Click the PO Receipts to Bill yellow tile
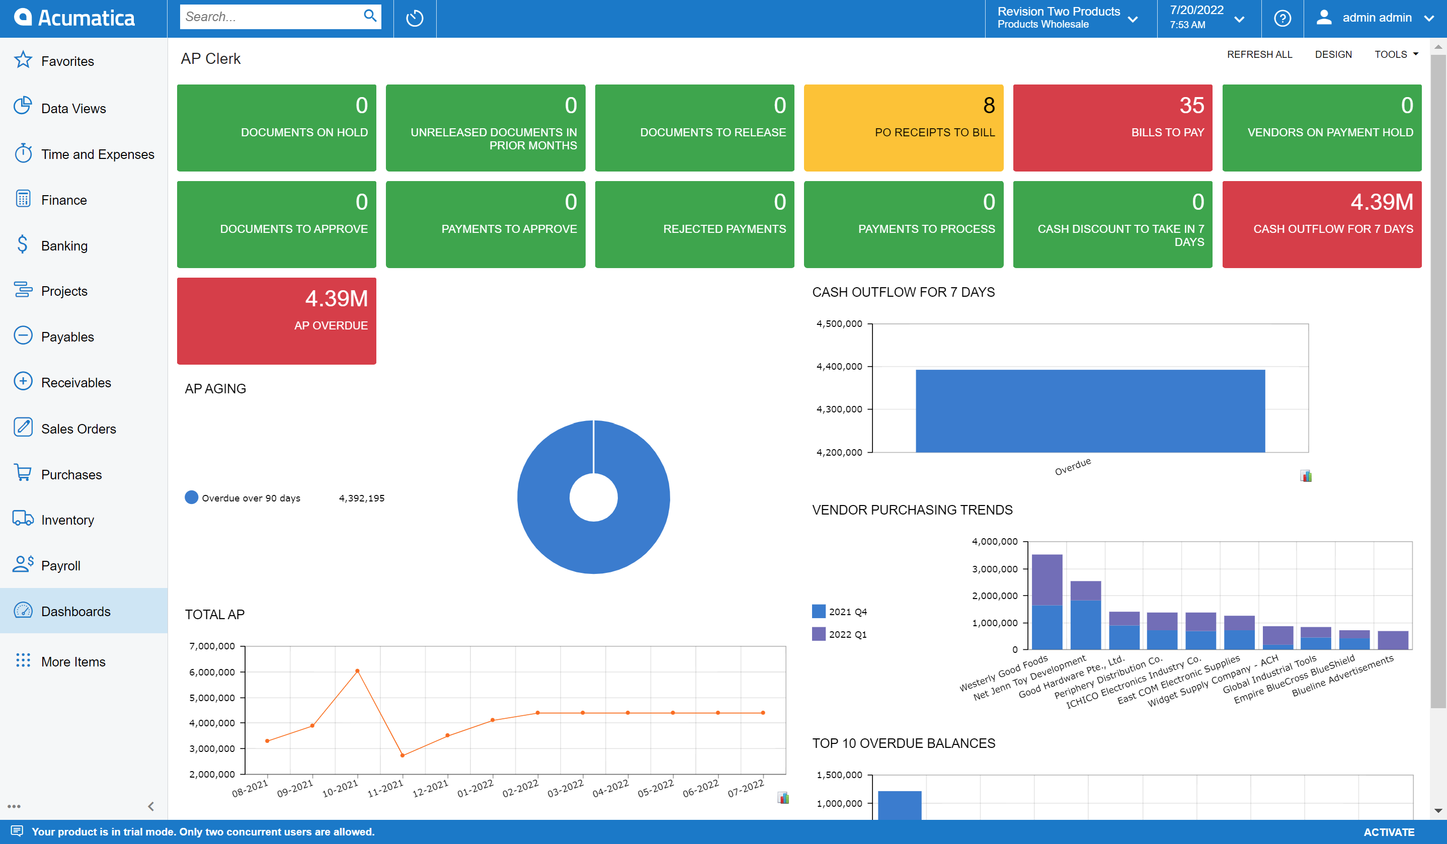(x=903, y=127)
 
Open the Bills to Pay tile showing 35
(x=1112, y=127)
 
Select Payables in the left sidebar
(x=67, y=337)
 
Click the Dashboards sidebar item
(x=75, y=612)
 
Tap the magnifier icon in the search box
(x=370, y=16)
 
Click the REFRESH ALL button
(x=1259, y=54)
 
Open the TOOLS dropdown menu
(x=1395, y=54)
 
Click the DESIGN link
(x=1333, y=54)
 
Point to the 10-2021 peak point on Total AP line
(x=357, y=670)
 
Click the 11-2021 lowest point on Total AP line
(x=403, y=755)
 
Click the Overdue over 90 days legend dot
(x=191, y=497)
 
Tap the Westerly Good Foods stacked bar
(x=1047, y=602)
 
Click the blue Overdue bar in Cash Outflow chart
(x=1090, y=410)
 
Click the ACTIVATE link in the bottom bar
(x=1389, y=832)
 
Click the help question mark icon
(x=1282, y=19)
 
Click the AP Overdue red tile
(x=276, y=320)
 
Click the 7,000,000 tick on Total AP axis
(x=212, y=646)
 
